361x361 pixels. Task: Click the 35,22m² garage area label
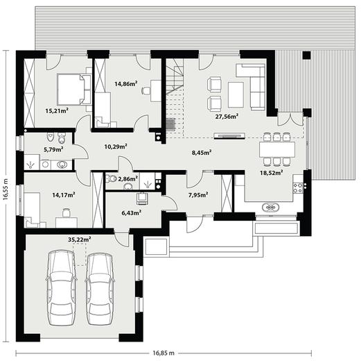(x=80, y=240)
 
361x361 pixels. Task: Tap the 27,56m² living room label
(x=227, y=117)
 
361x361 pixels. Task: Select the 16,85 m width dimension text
(x=164, y=353)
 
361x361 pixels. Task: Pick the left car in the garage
(x=62, y=287)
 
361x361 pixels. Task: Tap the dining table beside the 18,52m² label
(x=277, y=150)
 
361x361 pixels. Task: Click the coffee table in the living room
(x=236, y=94)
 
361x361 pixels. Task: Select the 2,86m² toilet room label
(x=128, y=178)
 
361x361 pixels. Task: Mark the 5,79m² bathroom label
(x=53, y=149)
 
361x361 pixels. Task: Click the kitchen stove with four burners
(x=298, y=187)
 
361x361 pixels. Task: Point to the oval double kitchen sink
(x=270, y=208)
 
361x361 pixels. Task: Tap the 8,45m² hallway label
(x=202, y=153)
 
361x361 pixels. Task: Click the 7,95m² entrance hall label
(x=198, y=195)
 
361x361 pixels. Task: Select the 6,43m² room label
(x=132, y=212)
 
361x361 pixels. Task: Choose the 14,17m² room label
(x=64, y=195)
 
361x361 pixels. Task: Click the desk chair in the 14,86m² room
(x=146, y=90)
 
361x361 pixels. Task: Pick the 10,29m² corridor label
(x=116, y=146)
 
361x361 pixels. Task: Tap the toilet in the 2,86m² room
(x=112, y=178)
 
